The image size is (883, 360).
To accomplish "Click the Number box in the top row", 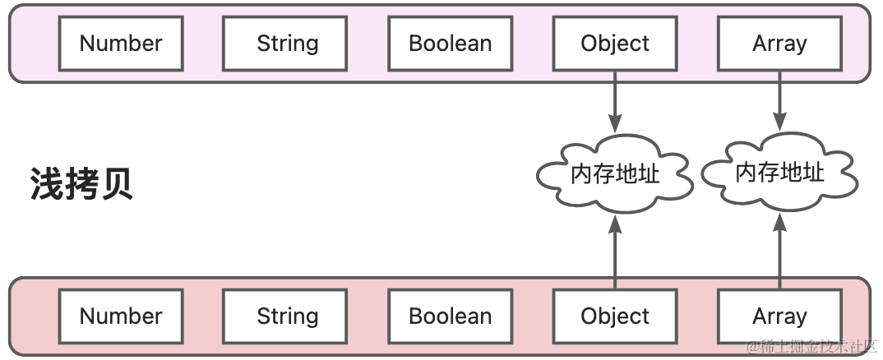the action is [x=121, y=44].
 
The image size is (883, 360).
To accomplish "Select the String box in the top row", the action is [x=285, y=44].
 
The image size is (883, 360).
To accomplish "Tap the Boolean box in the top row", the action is [x=450, y=44].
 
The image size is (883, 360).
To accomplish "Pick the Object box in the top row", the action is [x=615, y=44].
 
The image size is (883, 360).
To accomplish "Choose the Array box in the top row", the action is [x=780, y=44].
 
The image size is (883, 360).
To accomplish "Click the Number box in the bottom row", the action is [x=121, y=316].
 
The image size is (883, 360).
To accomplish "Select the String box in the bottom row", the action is [x=285, y=316].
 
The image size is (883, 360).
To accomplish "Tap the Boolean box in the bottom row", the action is [x=450, y=316].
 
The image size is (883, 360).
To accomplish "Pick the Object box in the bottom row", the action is [x=615, y=316].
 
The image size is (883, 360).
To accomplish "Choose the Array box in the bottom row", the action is [x=780, y=316].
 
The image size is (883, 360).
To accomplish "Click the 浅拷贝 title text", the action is [x=81, y=183].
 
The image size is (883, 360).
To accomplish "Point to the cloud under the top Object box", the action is [x=615, y=173].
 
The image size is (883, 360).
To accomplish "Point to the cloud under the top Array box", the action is [x=780, y=172].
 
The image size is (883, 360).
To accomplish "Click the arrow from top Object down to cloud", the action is [x=615, y=102].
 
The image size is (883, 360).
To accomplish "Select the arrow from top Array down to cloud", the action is [x=780, y=101].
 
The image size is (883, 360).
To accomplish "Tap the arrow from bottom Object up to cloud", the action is [x=615, y=252].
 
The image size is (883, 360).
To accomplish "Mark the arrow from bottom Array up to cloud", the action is [x=780, y=251].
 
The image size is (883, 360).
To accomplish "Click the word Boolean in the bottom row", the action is [x=450, y=316].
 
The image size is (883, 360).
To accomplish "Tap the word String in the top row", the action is [x=287, y=44].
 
